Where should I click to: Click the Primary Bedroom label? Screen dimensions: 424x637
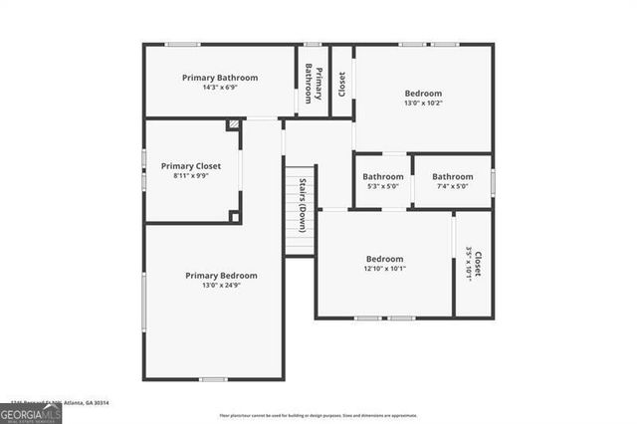click(x=221, y=276)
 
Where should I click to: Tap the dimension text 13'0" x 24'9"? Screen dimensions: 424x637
click(x=221, y=286)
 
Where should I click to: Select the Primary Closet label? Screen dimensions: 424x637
click(x=191, y=166)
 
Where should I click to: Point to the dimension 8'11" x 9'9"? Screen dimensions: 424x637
click(x=191, y=176)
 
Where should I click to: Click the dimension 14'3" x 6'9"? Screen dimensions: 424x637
click(x=220, y=87)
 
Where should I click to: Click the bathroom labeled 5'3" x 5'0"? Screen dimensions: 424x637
click(x=383, y=181)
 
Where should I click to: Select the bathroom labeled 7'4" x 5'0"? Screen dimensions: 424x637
click(x=453, y=181)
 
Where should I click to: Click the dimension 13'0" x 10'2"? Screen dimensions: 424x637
click(x=423, y=103)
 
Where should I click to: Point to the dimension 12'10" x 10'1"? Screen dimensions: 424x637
click(x=384, y=268)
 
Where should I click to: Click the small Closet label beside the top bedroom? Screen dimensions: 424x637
click(x=342, y=83)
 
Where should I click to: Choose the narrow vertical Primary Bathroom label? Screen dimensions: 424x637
click(x=314, y=83)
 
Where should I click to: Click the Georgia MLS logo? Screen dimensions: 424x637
click(x=31, y=412)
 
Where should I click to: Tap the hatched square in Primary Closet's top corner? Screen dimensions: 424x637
click(x=234, y=125)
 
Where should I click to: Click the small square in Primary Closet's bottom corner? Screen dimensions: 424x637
click(x=235, y=216)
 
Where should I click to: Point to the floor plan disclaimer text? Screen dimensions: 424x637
click(x=318, y=415)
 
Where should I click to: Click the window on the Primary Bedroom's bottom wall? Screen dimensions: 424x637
click(x=213, y=379)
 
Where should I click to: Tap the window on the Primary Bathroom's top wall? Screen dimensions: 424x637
click(x=182, y=44)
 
